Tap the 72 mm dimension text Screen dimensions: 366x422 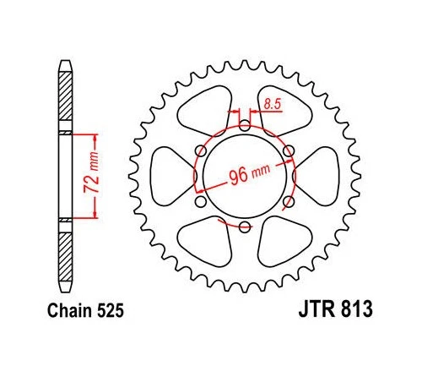coord(95,176)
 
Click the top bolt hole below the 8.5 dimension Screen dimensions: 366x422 coord(244,127)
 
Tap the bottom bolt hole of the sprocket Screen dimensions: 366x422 coord(244,226)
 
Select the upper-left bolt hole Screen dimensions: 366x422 coord(200,152)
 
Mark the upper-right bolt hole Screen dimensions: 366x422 coord(288,152)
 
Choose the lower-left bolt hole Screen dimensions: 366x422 coord(200,201)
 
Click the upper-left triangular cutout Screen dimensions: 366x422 coord(203,107)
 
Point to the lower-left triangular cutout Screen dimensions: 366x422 coord(203,246)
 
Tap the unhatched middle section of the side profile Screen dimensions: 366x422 coord(65,176)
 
